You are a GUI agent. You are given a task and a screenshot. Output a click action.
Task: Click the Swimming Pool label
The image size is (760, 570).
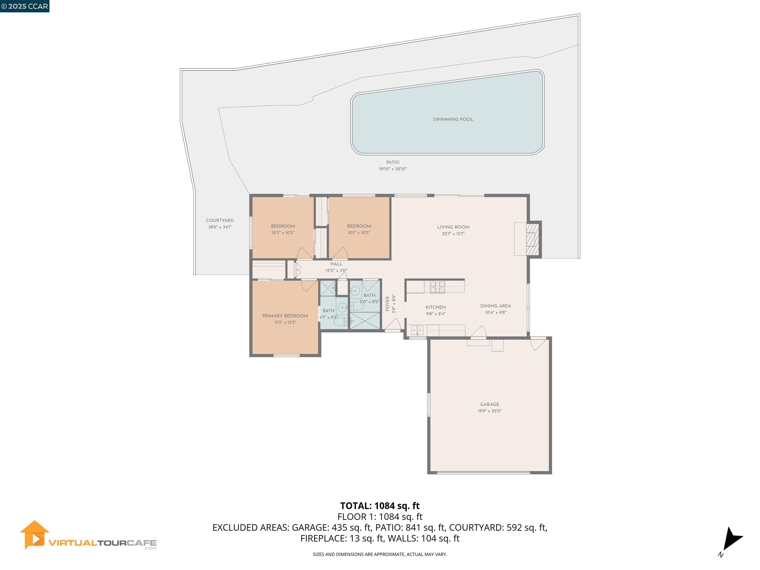coord(453,119)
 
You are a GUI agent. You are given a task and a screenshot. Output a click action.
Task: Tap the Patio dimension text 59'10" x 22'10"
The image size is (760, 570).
coord(393,169)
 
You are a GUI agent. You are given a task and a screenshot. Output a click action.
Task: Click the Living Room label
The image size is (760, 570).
coord(453,227)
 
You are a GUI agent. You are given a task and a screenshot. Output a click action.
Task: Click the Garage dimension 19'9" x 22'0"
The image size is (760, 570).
coord(490,411)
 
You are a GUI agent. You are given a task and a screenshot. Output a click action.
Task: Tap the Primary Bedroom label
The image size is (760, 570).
coord(285,316)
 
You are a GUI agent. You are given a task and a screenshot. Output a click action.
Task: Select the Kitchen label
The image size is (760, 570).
coord(436,307)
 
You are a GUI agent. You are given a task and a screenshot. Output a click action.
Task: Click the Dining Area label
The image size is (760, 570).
coord(496,306)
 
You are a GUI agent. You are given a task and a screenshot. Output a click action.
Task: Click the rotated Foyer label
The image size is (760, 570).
coord(388,304)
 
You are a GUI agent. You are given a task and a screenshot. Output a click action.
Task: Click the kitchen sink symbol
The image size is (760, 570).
coord(417,330)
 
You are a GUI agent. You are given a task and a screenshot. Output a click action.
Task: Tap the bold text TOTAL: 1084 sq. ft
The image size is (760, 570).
coord(380,506)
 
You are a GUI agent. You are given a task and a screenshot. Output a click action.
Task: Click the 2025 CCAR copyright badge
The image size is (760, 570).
coord(24,6)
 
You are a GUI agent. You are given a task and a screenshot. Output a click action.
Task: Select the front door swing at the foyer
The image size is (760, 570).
coord(394,325)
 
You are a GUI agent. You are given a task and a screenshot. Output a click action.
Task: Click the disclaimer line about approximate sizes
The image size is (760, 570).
coord(380,554)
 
